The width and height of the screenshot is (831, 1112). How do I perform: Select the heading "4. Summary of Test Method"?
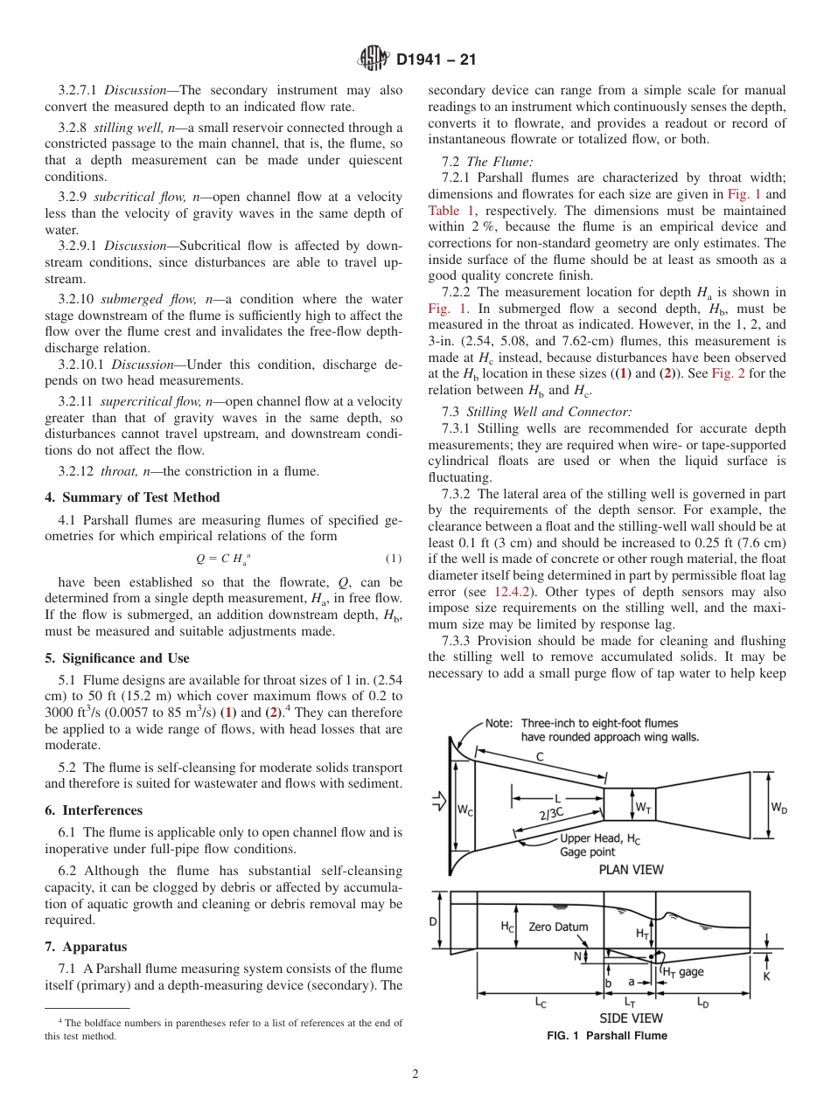[x=132, y=498]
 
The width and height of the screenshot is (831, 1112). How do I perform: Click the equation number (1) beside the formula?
[x=393, y=559]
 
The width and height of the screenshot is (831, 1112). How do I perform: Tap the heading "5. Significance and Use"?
[x=116, y=658]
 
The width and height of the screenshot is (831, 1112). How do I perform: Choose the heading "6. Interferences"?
[x=94, y=810]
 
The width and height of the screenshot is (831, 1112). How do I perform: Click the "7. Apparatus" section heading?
[x=86, y=947]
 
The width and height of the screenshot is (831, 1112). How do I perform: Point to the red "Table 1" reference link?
[x=450, y=211]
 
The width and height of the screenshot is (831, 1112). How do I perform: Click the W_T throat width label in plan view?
[x=643, y=807]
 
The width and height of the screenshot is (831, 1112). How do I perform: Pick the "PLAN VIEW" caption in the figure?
[x=631, y=869]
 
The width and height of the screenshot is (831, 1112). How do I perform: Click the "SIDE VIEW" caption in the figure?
[x=631, y=1018]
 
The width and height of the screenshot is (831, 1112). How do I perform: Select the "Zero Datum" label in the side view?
[x=558, y=927]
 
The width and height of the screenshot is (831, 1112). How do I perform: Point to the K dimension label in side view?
[x=766, y=976]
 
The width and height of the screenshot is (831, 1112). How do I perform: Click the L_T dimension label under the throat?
[x=630, y=1003]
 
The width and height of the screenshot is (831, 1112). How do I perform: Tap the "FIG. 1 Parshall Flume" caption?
[x=606, y=1036]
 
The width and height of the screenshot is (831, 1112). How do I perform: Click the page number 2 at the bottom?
[x=415, y=1074]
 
